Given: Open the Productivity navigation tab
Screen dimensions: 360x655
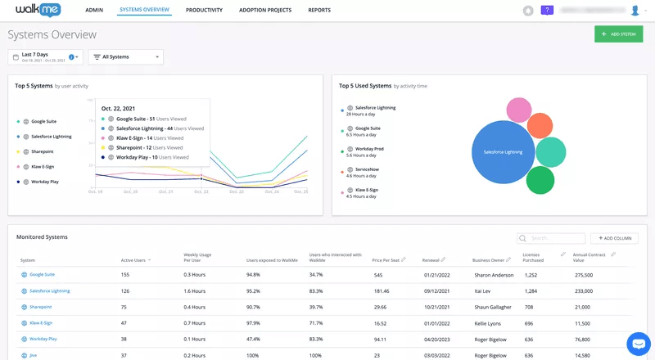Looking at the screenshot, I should tap(203, 10).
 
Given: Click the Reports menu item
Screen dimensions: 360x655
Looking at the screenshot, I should tap(319, 10).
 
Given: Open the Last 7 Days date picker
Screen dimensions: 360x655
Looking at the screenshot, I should tap(45, 56).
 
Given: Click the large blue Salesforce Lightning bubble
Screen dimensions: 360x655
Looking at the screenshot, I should tap(502, 152).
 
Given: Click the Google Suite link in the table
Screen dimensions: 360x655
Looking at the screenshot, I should tap(42, 275).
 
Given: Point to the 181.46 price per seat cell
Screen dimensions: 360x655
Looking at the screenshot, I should tap(382, 290).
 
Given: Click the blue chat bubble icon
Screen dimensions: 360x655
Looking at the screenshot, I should tap(638, 343).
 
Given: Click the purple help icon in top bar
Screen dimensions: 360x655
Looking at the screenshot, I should tap(548, 11).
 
